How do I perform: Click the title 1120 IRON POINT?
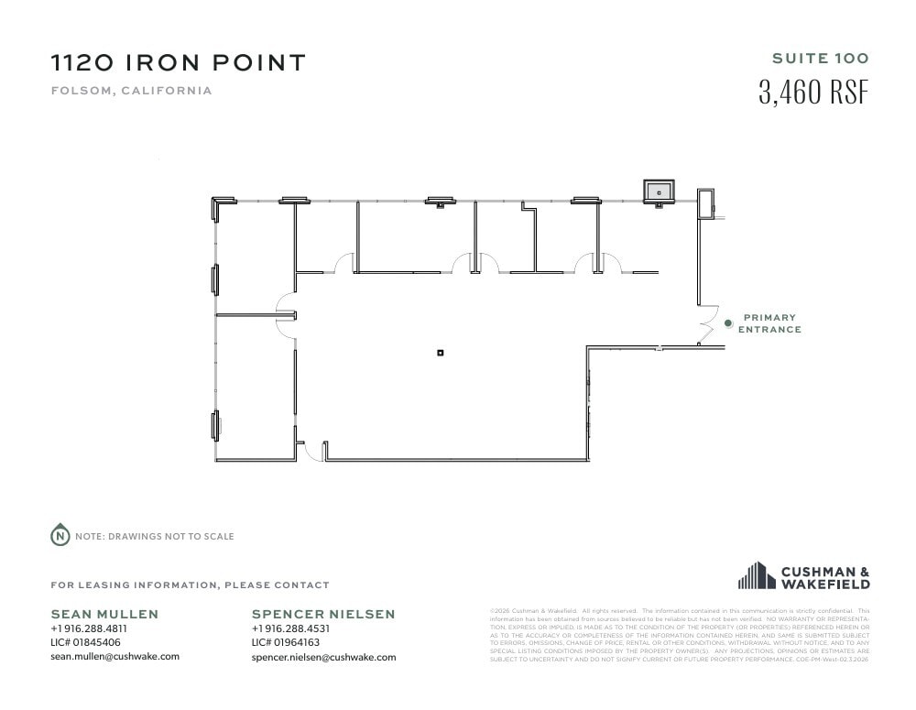pos(178,63)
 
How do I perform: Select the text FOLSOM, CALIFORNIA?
pos(131,91)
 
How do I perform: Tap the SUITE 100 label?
pos(820,59)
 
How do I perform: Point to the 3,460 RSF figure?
pos(813,93)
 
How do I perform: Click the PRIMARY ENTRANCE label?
pos(769,323)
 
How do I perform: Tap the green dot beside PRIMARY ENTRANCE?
pos(728,322)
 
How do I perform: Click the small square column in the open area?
pos(441,353)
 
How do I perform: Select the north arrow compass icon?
pos(60,536)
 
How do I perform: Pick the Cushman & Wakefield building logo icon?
pos(757,575)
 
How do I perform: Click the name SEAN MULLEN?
pos(104,614)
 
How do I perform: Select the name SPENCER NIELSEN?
pos(323,614)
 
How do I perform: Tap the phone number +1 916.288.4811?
pos(89,629)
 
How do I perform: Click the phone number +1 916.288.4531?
pos(290,629)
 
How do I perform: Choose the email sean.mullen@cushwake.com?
pos(114,656)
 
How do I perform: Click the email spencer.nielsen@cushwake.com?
pos(323,657)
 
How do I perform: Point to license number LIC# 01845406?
pos(85,642)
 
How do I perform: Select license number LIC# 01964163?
pos(286,642)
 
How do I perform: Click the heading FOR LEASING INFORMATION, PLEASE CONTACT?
pos(190,584)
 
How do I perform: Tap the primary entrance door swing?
pos(707,325)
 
